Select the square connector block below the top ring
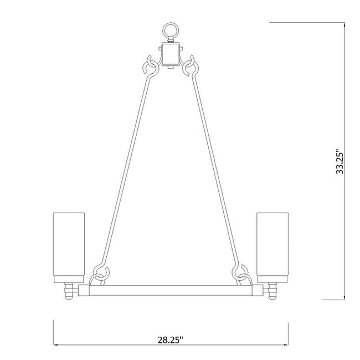tap(171, 54)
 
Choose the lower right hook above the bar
tap(241, 274)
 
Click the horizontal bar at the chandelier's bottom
tap(171, 289)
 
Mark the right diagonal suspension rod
tap(217, 166)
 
